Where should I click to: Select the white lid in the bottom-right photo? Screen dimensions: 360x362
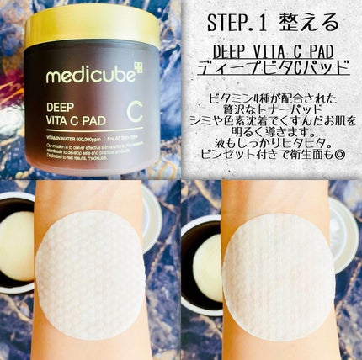click(344, 236)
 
